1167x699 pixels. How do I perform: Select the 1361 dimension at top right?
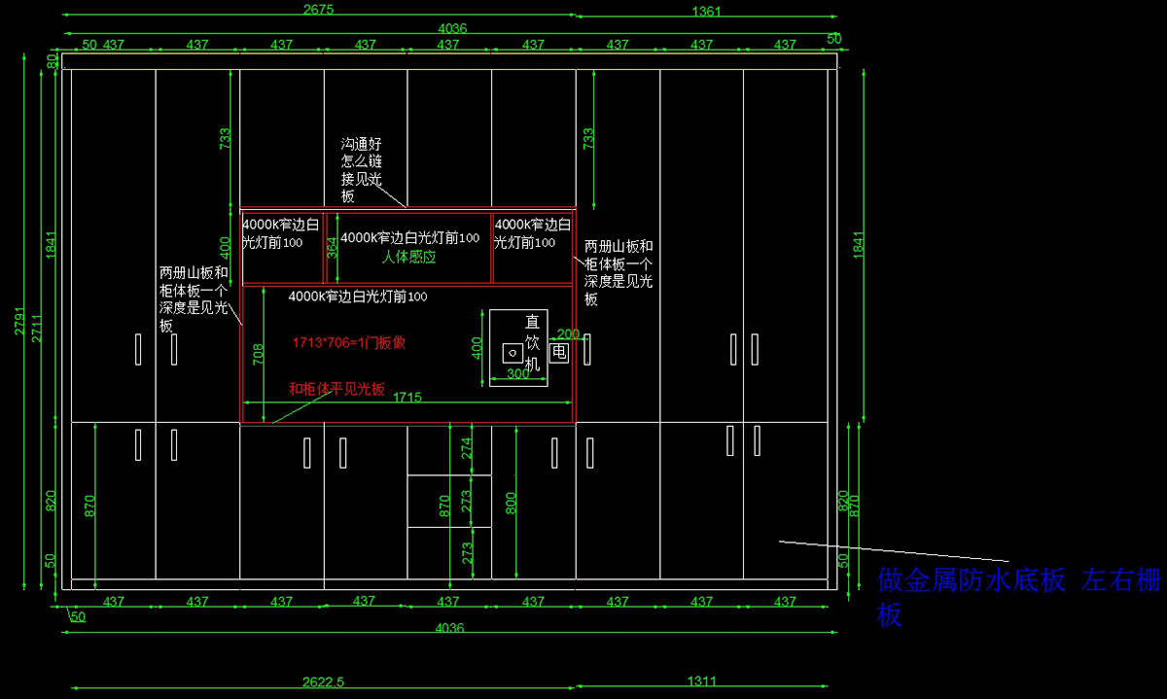tap(706, 11)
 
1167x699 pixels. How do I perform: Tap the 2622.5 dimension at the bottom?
tap(324, 682)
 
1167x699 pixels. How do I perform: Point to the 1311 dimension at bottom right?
tap(702, 682)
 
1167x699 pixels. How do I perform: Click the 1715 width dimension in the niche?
tap(407, 397)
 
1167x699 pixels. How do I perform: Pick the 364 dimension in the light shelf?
tap(333, 248)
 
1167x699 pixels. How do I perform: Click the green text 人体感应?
tap(408, 258)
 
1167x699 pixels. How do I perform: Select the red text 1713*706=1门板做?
tap(349, 342)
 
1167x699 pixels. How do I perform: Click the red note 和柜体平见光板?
tap(336, 389)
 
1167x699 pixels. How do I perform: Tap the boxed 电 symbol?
tap(559, 352)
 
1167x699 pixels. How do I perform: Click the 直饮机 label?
tap(531, 342)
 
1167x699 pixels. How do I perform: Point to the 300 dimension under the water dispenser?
tap(518, 373)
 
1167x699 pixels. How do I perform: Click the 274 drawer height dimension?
tap(467, 448)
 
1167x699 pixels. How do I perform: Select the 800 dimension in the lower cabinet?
tap(512, 503)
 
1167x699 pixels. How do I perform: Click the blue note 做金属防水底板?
tap(972, 580)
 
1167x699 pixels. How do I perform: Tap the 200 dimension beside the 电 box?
tap(568, 333)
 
